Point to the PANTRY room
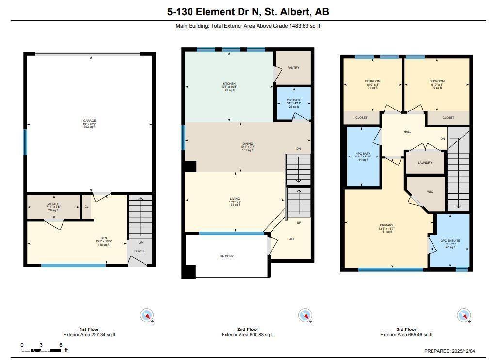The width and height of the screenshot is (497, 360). coord(293,68)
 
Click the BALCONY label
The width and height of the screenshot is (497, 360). coord(226,256)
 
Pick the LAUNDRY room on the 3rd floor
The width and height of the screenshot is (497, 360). coord(425,163)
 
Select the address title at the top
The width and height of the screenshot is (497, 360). coord(248,12)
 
